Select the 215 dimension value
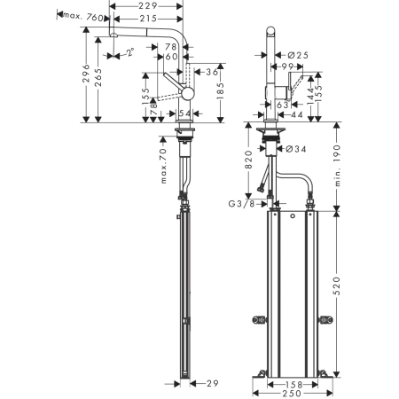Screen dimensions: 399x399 [149, 18]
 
